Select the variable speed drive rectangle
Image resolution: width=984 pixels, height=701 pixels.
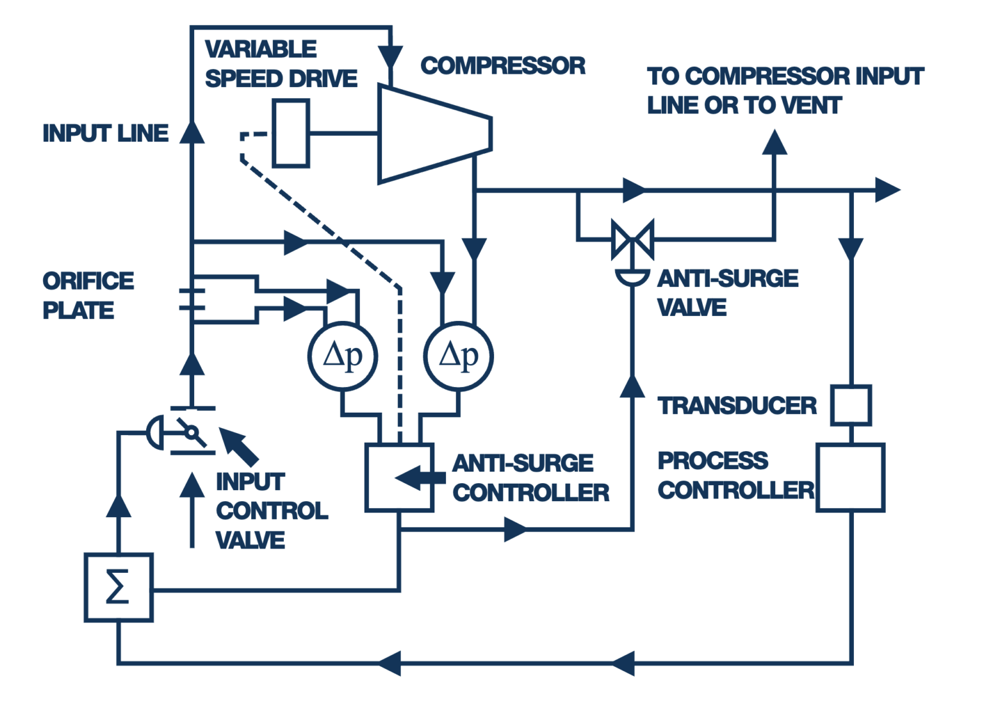[291, 133]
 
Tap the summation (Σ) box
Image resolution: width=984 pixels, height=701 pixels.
[119, 587]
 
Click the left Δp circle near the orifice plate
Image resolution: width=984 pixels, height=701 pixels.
[343, 356]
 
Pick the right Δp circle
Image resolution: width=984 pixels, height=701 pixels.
[459, 356]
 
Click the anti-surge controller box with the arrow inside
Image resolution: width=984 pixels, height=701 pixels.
[399, 477]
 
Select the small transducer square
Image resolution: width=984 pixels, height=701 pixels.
[851, 405]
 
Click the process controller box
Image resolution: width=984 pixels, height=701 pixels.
[851, 477]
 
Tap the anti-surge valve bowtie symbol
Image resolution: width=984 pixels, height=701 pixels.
[632, 240]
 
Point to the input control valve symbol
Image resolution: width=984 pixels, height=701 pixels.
[191, 432]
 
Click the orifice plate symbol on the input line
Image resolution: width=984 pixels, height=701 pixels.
[192, 299]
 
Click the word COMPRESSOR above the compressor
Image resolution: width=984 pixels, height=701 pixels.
[503, 65]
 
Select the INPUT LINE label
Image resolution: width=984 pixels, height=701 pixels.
[106, 133]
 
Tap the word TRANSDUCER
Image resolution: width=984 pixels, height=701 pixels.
[737, 406]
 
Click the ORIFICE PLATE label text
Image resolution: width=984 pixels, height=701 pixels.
[88, 295]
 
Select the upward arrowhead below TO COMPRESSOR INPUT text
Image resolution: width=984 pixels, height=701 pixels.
[775, 142]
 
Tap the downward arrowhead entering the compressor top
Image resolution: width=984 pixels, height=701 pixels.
[390, 58]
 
